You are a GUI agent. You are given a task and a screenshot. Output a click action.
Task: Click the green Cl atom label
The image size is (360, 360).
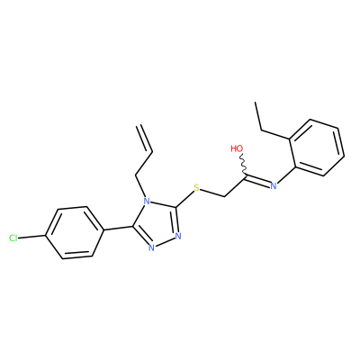(13, 238)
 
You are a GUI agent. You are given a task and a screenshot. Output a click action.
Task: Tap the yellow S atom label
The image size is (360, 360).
(196, 188)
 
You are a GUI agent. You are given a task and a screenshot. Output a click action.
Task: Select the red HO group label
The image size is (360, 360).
(237, 148)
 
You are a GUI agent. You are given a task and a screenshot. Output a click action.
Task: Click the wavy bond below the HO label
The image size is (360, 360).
(244, 165)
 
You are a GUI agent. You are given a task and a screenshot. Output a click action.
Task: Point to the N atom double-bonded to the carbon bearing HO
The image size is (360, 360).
(274, 186)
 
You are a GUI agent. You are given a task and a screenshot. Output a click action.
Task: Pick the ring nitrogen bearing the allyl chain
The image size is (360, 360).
(146, 200)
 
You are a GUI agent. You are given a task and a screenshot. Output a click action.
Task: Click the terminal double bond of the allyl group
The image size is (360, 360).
(145, 139)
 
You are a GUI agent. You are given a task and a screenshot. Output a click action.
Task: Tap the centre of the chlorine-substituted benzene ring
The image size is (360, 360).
(75, 232)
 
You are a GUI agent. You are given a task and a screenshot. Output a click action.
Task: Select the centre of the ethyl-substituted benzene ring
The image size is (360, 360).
(317, 148)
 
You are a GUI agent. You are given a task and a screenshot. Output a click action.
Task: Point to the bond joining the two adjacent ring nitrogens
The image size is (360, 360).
(165, 242)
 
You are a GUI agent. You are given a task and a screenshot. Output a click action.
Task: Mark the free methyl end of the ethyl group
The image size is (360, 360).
(256, 103)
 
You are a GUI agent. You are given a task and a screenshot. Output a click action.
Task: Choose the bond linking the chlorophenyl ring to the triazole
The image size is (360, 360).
(118, 229)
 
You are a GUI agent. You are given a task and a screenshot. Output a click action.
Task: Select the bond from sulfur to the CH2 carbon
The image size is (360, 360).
(212, 193)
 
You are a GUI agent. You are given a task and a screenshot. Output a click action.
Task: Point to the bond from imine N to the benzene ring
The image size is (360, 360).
(286, 175)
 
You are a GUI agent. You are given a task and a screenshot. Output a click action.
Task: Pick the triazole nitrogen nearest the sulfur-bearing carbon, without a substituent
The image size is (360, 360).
(178, 236)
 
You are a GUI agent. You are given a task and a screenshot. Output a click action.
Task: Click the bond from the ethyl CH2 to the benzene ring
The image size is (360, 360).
(276, 135)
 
